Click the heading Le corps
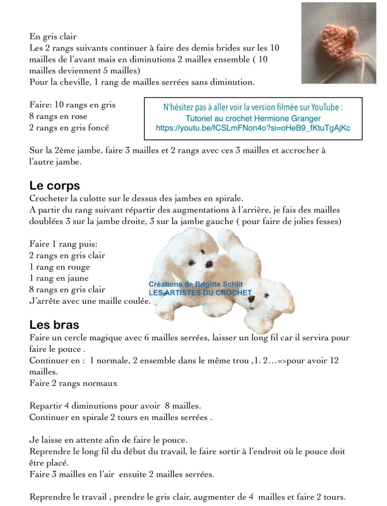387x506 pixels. pos(54,186)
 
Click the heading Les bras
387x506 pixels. pos(54,325)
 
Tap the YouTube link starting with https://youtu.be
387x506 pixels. pos(253,128)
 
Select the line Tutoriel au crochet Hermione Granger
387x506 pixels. pos(253,118)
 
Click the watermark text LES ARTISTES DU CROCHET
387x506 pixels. pos(200,292)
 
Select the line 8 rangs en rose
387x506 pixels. pos(58,116)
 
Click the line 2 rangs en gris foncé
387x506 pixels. pos(69,127)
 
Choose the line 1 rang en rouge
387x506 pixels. pos(60,267)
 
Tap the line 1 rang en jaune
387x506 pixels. pos(59,278)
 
